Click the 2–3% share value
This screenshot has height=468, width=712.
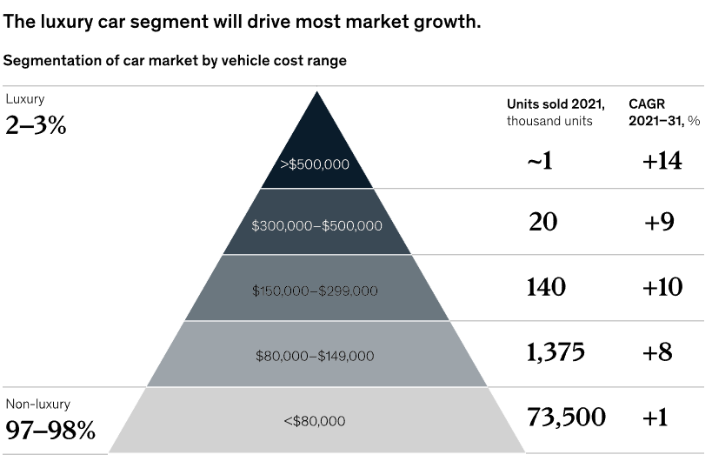[36, 125]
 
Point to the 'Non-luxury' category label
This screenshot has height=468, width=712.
[38, 404]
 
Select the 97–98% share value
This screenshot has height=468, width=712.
[50, 430]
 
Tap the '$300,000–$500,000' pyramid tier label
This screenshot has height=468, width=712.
[316, 225]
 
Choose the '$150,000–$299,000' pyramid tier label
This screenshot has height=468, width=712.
[315, 291]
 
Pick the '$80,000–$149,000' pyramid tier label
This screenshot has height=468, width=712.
[315, 356]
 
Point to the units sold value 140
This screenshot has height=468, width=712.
[546, 287]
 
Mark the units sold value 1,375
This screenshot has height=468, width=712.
[556, 352]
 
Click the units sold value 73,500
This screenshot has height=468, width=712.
[566, 417]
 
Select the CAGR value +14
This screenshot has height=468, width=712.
[662, 161]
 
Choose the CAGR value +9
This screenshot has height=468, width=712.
[659, 223]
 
